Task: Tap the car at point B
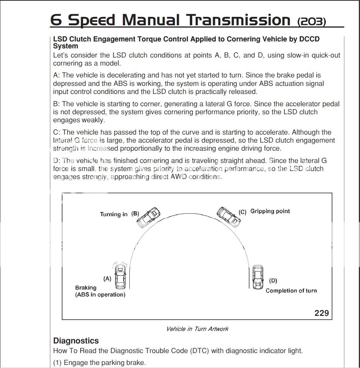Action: (x=149, y=217)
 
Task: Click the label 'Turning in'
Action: (x=114, y=214)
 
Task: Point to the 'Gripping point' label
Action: (x=270, y=211)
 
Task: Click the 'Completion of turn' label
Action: (x=291, y=291)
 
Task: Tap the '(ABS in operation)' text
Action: (x=100, y=295)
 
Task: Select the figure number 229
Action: (x=322, y=313)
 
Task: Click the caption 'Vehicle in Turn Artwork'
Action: (x=197, y=329)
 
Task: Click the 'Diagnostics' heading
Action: (x=76, y=341)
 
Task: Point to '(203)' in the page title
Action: (x=312, y=21)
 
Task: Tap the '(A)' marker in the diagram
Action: (x=107, y=279)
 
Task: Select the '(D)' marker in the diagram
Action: (x=273, y=281)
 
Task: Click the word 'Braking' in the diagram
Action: (x=86, y=288)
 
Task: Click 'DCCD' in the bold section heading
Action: (x=306, y=39)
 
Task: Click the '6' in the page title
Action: (x=56, y=20)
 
